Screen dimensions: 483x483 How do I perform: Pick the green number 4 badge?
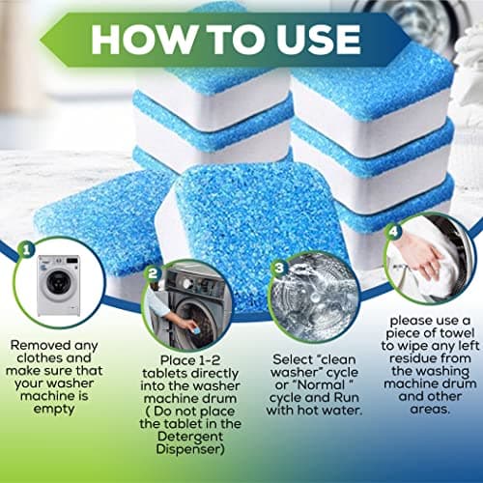(392, 231)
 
